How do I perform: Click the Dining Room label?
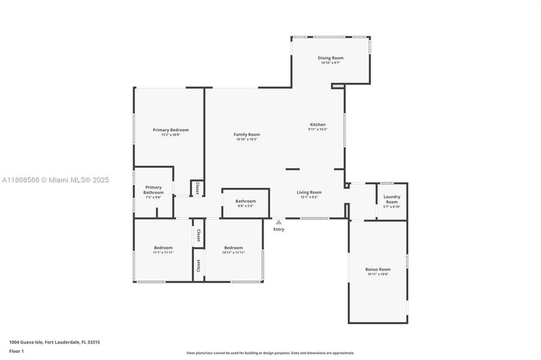pos(330,58)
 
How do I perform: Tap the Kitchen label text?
pos(317,125)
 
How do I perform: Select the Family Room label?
pos(247,134)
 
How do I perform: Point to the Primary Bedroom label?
pos(171,130)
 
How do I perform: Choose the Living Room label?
pos(309,193)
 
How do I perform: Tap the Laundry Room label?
pos(391,199)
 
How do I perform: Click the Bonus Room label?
pos(378,269)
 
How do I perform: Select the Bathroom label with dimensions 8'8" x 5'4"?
pos(245,201)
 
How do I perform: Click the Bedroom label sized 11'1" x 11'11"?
pos(163,248)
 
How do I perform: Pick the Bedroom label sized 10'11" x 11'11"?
pos(234,248)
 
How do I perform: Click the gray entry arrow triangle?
pos(279,222)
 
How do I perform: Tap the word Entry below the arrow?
pos(279,229)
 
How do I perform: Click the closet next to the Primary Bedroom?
pos(197,188)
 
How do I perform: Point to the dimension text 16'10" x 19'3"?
pos(247,139)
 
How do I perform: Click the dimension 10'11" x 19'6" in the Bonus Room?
pos(378,274)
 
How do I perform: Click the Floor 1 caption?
pos(17,351)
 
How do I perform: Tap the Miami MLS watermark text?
pos(55,179)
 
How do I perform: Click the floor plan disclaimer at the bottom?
pos(270,353)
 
